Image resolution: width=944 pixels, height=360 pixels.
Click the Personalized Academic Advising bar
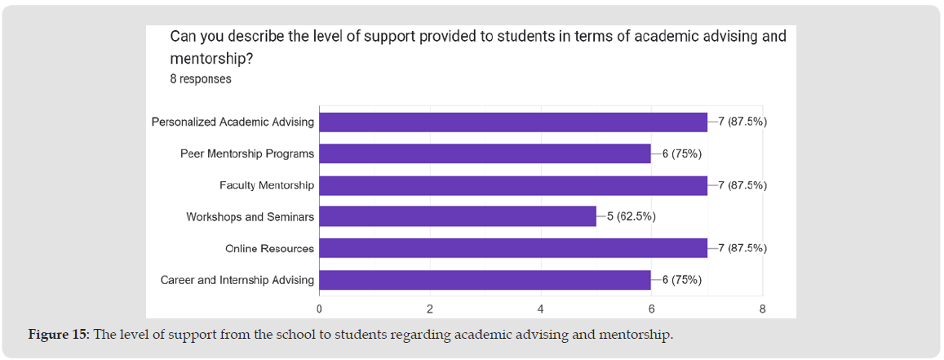(x=513, y=122)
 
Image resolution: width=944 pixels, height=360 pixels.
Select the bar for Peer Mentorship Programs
(x=485, y=153)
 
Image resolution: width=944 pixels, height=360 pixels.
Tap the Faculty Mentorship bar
(x=513, y=185)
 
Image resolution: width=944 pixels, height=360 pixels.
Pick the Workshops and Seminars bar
(x=458, y=216)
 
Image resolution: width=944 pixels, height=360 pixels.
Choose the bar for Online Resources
(x=513, y=248)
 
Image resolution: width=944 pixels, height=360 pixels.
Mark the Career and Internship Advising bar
(x=485, y=280)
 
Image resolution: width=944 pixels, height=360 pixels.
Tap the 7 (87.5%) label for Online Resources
(x=742, y=248)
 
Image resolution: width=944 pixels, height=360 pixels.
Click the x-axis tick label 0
(x=319, y=309)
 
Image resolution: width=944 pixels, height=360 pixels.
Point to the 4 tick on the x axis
(x=541, y=309)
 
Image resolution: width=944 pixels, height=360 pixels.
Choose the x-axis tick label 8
(x=762, y=309)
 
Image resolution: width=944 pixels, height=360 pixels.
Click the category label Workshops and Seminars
(x=250, y=217)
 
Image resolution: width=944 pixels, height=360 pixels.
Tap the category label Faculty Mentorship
(x=267, y=185)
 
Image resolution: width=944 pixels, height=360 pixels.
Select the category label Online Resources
(x=270, y=248)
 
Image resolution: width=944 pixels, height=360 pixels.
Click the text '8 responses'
(x=201, y=79)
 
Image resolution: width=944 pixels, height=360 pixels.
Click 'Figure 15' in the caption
(x=58, y=336)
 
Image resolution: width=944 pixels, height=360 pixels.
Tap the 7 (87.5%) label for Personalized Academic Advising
(x=742, y=122)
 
